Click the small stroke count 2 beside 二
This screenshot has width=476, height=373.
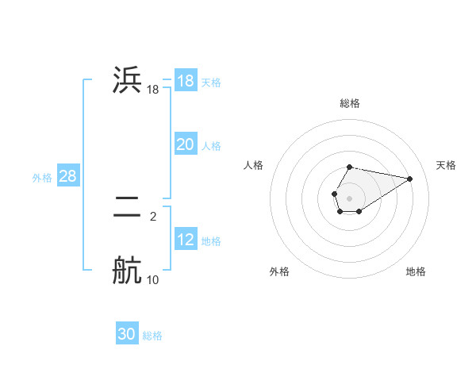(x=153, y=216)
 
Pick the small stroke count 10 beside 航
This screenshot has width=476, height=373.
(x=153, y=279)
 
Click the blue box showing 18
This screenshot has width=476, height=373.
(x=185, y=81)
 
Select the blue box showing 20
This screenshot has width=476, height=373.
(x=185, y=144)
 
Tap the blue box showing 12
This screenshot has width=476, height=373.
(x=185, y=240)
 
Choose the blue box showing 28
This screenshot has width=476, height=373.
(x=67, y=176)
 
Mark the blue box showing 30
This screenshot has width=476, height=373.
(x=127, y=334)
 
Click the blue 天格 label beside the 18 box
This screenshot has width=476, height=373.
(x=211, y=82)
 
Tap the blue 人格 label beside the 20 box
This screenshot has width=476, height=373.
(x=211, y=146)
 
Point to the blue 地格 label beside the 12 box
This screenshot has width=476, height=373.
(x=211, y=241)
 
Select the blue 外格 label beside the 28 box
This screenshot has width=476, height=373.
(x=42, y=178)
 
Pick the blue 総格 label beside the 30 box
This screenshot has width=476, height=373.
(x=152, y=336)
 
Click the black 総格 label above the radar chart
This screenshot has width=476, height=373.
(x=350, y=103)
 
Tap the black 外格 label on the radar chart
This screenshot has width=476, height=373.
(x=279, y=271)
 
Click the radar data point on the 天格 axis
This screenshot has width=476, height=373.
(x=410, y=178)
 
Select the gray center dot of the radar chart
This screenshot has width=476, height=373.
(x=349, y=198)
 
